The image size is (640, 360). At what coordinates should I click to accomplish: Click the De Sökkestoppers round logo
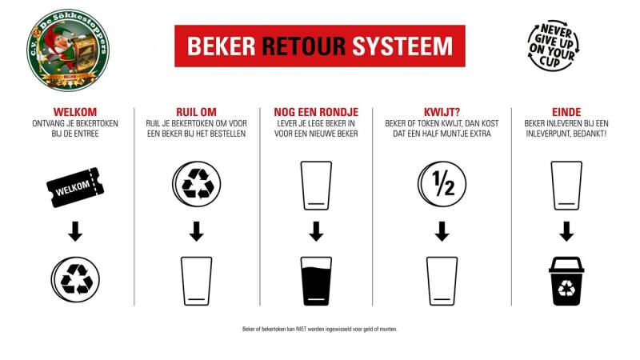pos(68,50)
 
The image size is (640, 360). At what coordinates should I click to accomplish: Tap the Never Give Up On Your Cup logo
pos(552,46)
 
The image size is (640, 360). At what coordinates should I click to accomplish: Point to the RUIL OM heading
pos(196,112)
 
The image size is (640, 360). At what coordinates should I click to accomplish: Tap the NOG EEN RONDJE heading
pos(316,112)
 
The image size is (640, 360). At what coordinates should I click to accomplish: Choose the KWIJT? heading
pos(442,112)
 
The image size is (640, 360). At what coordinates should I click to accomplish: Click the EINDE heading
pos(566,112)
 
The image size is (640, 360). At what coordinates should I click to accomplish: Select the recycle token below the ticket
pos(74,278)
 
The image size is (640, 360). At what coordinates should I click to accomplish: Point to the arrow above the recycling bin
pos(566,231)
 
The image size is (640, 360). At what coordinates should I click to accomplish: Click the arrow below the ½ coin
pos(442,231)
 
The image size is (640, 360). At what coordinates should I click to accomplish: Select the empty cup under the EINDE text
pos(566,186)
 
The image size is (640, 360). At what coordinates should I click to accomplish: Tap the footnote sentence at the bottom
pos(320,330)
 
